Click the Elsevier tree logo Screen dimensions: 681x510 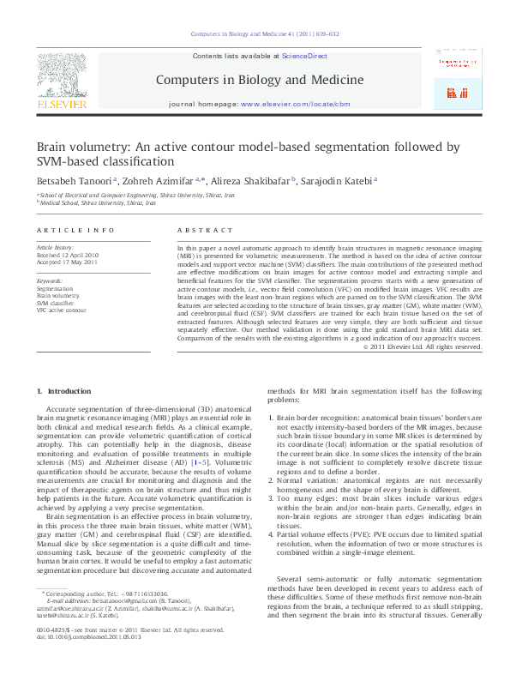pyautogui.click(x=61, y=75)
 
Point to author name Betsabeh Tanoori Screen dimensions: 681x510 pyautogui.click(x=71, y=181)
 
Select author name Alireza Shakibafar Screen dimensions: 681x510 pyautogui.click(x=249, y=181)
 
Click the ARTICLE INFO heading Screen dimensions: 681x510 pyautogui.click(x=75, y=231)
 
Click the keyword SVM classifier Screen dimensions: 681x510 pyautogui.click(x=55, y=303)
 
